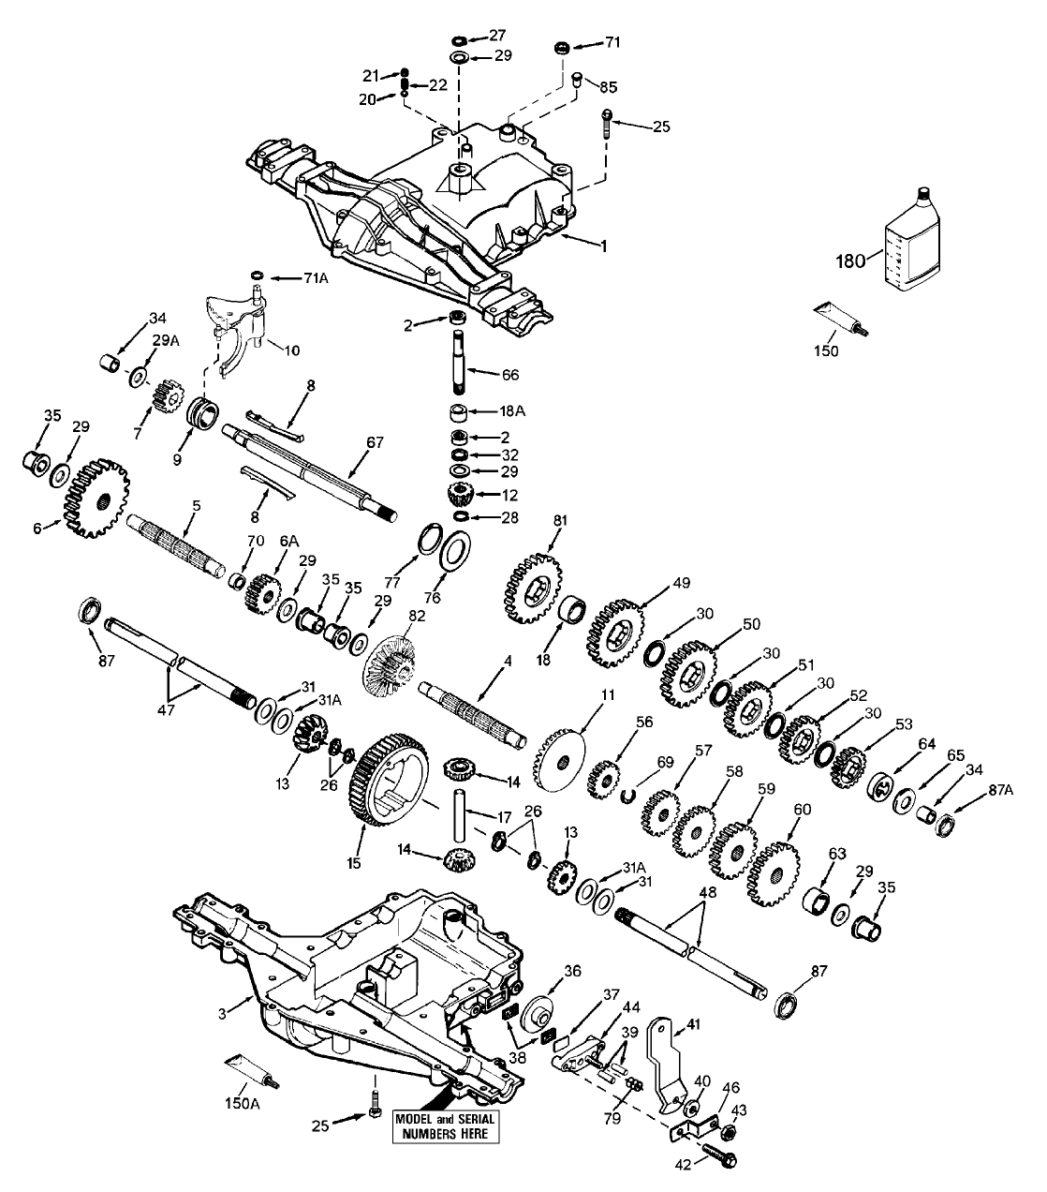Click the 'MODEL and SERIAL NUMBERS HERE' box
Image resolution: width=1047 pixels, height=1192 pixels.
coord(445,1126)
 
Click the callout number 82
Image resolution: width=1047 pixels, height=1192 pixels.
coord(415,616)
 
